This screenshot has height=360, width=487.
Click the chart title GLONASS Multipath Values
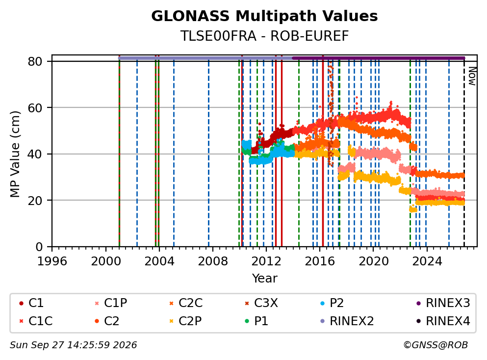[x=264, y=16]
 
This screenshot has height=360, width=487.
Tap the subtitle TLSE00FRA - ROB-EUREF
[x=264, y=36]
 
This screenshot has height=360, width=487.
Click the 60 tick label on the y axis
[x=35, y=108]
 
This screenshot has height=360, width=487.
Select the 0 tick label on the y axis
[x=39, y=247]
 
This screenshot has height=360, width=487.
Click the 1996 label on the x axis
[x=52, y=261]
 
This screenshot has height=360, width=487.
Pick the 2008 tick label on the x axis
[x=213, y=261]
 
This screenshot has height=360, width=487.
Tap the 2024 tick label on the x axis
[x=427, y=261]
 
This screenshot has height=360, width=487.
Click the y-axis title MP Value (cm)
[x=15, y=154]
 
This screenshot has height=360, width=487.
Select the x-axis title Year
[x=264, y=278]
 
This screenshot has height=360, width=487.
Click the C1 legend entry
[x=31, y=303]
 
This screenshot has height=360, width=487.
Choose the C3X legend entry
[x=261, y=303]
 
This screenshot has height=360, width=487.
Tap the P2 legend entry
[x=332, y=303]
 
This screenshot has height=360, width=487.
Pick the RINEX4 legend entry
[x=443, y=321]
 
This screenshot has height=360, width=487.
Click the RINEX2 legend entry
[x=347, y=321]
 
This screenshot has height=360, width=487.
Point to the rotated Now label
[x=472, y=76]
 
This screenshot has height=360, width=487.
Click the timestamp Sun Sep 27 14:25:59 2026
[x=73, y=345]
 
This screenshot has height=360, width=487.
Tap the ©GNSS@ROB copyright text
[x=436, y=345]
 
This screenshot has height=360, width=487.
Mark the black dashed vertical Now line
[x=464, y=152]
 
